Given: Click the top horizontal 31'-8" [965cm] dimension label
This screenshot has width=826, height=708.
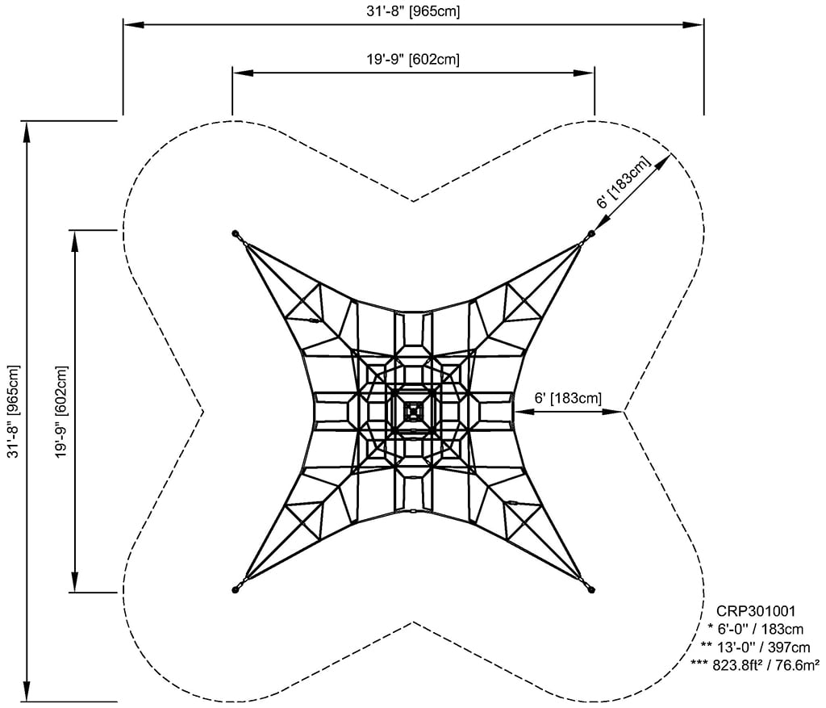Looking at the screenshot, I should (413, 11).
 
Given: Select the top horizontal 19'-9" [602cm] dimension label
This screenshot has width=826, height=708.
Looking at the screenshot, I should (413, 59).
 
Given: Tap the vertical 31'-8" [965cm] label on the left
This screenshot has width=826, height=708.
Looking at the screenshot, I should (12, 412).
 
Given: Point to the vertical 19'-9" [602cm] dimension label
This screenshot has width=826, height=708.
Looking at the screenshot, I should (60, 412).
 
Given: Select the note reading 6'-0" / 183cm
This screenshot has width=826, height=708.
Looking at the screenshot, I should (754, 630).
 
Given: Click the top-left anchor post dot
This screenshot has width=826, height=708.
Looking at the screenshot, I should (235, 233).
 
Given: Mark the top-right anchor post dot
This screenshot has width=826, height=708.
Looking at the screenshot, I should (591, 233).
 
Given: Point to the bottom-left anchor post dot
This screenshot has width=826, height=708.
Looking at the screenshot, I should (235, 590).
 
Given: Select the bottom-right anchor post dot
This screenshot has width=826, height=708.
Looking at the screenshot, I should (591, 590).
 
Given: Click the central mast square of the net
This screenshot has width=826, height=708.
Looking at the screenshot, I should (413, 411).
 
